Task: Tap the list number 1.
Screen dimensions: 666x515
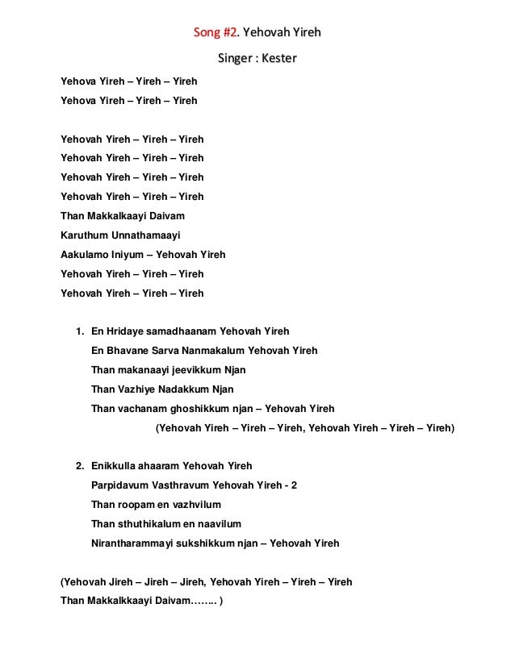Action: tap(78, 331)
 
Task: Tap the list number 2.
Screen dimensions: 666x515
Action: tap(78, 466)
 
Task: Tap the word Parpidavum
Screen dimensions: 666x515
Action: tap(119, 485)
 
